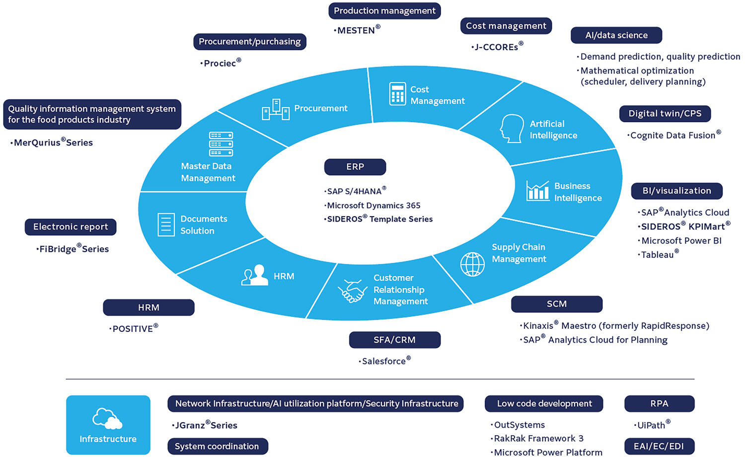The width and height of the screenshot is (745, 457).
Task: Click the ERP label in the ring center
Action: coord(355,167)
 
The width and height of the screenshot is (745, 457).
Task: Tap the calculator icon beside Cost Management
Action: coord(397,94)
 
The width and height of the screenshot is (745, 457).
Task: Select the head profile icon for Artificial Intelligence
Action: coord(512,129)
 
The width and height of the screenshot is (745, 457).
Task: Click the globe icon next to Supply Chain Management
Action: coord(472,264)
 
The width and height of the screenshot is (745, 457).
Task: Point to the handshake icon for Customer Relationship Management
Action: coord(353,291)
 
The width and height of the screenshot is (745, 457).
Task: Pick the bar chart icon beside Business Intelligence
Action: coord(537,191)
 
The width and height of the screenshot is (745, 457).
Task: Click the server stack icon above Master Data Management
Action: coord(221,144)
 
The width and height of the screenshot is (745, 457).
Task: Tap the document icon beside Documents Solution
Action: coord(166,225)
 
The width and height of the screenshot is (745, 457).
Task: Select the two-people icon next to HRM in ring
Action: coord(254,275)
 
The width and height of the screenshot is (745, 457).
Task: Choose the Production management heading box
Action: coord(384,11)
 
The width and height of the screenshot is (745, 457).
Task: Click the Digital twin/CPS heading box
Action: coord(665,113)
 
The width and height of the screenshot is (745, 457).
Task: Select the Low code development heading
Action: coord(544,404)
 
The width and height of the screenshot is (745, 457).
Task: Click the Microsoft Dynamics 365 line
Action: coord(373,205)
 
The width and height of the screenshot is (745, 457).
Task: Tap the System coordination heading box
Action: coord(217,446)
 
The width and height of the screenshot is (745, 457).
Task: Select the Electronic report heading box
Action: coord(71,227)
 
